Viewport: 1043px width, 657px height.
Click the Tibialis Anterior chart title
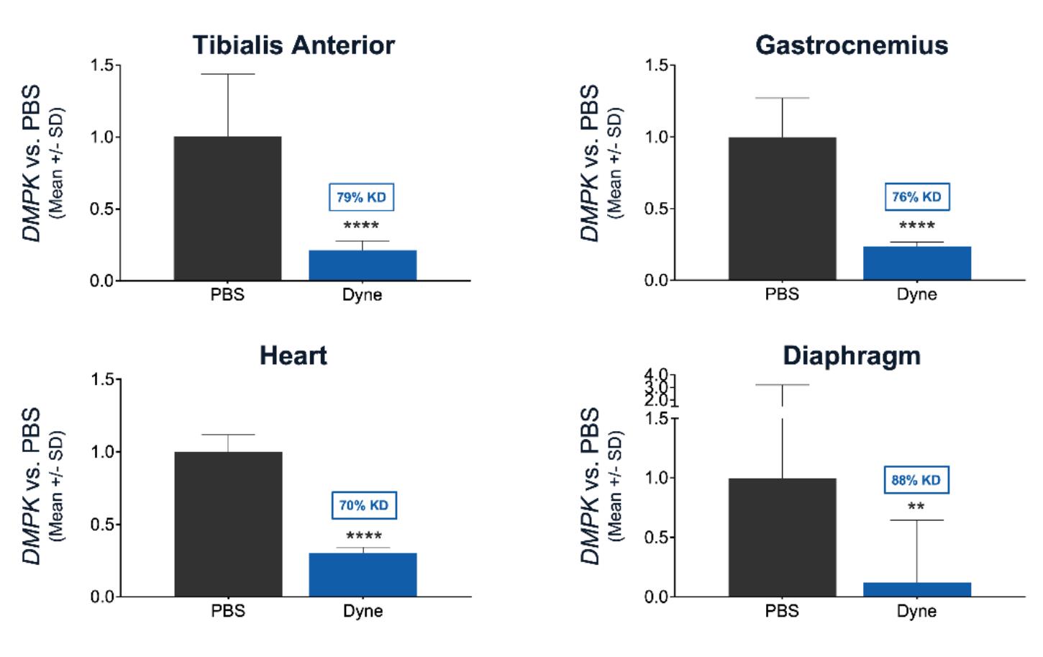[293, 45]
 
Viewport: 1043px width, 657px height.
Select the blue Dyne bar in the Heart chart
[363, 574]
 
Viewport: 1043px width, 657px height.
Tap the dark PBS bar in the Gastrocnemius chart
[782, 208]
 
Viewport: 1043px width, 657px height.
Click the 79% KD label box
[362, 197]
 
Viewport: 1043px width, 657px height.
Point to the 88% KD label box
[916, 480]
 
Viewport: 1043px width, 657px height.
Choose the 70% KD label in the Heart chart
[363, 505]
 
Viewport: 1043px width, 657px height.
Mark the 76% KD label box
[916, 196]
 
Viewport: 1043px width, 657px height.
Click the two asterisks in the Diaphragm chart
[916, 507]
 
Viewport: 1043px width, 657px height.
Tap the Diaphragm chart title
[852, 355]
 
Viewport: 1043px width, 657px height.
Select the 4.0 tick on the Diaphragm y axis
[656, 374]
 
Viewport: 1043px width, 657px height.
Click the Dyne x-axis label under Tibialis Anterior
[362, 294]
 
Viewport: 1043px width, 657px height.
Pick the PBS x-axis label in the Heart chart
[228, 611]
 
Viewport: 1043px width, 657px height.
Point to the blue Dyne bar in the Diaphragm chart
[917, 589]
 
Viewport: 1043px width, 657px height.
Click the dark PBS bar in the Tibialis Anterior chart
[227, 208]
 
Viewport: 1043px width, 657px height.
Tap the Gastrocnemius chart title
[852, 45]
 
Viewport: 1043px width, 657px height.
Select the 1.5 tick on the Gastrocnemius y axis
[656, 65]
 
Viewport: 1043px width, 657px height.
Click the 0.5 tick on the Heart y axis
[101, 525]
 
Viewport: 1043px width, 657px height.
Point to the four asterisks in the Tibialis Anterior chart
[362, 226]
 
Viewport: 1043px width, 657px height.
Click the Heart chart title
[293, 355]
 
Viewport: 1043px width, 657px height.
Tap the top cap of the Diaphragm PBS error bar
[782, 385]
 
